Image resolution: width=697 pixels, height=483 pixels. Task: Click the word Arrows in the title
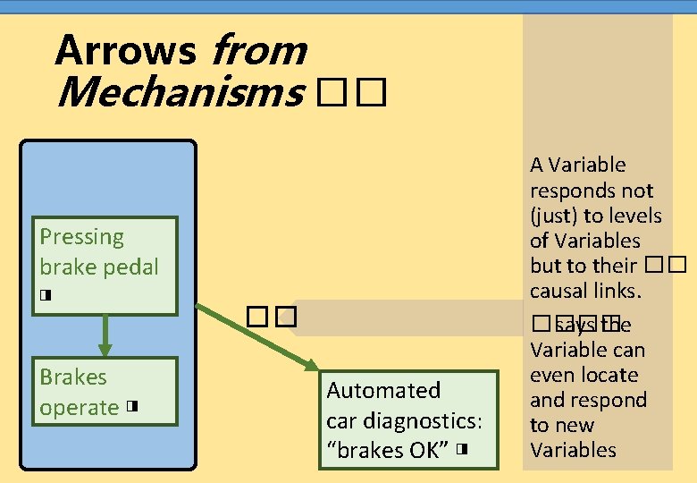pos(125,51)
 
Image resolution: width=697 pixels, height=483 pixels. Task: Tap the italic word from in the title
pos(258,51)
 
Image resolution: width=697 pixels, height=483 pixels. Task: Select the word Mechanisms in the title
pos(178,92)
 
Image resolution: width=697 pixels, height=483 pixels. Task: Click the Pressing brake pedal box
pos(105,267)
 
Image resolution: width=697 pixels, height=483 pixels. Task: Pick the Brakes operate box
pos(105,392)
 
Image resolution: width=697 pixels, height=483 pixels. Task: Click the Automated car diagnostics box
pos(408,419)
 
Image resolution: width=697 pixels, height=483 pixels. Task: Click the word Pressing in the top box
pos(81,237)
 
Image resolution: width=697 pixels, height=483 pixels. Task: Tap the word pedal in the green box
pos(130,267)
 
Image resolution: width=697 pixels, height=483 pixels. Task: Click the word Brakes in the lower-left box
pos(73,377)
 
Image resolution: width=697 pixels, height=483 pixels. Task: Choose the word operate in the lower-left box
pos(79,408)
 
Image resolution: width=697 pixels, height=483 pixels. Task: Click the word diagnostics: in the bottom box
pos(436,419)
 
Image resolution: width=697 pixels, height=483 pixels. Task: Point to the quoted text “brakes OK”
pos(389,449)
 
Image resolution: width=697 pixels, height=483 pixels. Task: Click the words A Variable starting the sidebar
pos(577,165)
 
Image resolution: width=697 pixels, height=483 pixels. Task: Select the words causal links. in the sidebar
pos(573,291)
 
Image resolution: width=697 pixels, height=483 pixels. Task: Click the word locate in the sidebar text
pos(609,375)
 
